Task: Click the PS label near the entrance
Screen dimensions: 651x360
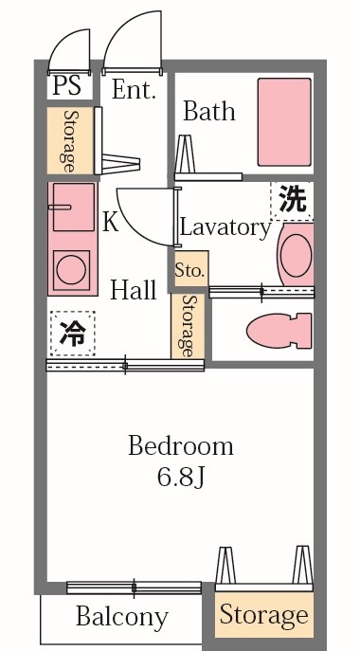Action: coord(66,86)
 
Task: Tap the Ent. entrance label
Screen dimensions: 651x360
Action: coord(134,90)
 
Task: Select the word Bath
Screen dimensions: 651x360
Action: coord(208,112)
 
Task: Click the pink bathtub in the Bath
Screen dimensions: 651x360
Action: coord(284,122)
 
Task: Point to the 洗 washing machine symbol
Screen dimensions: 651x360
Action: coord(293,201)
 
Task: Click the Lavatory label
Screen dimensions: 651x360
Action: coord(225,227)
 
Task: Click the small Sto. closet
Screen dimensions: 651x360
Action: coord(189,269)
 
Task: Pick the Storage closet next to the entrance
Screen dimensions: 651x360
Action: coord(71,141)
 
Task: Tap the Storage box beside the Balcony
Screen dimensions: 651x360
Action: coord(263,615)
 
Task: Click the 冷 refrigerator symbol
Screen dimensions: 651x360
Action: coord(72,334)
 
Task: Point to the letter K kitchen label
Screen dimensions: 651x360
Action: coord(110,223)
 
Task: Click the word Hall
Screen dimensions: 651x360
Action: coord(133,291)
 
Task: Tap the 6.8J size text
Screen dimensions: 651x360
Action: coord(181,477)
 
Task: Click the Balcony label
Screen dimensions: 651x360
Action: coord(121,618)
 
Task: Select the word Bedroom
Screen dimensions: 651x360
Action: coord(181,445)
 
